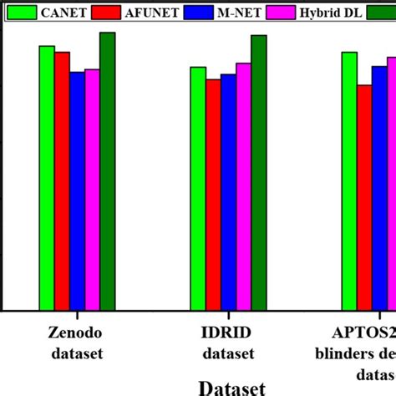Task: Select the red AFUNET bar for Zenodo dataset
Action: (62, 180)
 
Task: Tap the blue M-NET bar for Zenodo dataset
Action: (77, 190)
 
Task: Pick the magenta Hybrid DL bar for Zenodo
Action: (92, 190)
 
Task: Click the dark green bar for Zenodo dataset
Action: (108, 171)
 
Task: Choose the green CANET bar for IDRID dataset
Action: (198, 188)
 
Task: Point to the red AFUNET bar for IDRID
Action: (213, 194)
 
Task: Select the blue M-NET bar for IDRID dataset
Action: (228, 191)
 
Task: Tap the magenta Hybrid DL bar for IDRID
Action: (243, 186)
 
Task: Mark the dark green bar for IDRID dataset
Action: (259, 172)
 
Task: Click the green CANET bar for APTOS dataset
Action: (349, 180)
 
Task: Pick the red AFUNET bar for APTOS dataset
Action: (364, 197)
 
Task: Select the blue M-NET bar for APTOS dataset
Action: (379, 188)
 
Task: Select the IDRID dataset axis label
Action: (228, 343)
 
